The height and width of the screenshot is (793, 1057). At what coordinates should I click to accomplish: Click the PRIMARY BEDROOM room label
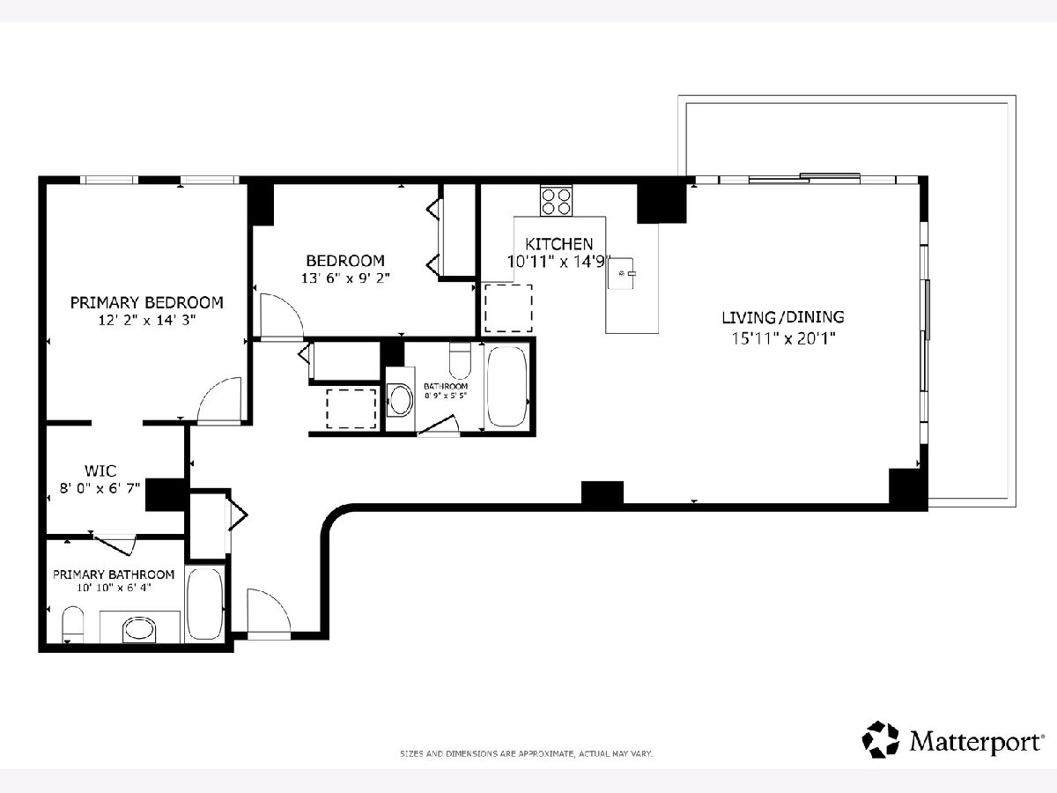[x=147, y=302]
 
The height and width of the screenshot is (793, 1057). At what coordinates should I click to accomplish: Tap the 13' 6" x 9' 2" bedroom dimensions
[x=345, y=278]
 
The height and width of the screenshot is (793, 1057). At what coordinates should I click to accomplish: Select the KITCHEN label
[x=558, y=244]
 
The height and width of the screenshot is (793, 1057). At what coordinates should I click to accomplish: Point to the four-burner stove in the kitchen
[x=556, y=201]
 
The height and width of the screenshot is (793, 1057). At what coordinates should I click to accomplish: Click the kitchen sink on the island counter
[x=621, y=273]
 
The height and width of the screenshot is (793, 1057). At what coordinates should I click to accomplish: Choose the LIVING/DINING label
[x=783, y=317]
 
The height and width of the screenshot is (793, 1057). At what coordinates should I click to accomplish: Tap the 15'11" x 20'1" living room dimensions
[x=783, y=339]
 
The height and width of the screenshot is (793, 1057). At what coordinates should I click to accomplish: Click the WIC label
[x=100, y=470]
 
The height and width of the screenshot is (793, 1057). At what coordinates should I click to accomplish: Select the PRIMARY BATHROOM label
[x=114, y=574]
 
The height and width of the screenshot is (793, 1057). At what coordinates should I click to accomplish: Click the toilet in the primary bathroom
[x=73, y=624]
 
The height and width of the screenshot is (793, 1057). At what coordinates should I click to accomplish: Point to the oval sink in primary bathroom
[x=140, y=630]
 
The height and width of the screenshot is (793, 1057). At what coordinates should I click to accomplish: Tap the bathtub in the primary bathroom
[x=204, y=604]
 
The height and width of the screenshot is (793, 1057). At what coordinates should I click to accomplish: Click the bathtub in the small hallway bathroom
[x=506, y=387]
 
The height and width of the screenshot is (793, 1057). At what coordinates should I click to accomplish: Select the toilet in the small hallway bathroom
[x=460, y=360]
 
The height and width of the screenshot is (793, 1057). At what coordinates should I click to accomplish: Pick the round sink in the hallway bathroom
[x=401, y=400]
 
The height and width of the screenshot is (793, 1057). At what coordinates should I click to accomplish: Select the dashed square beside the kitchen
[x=508, y=308]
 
